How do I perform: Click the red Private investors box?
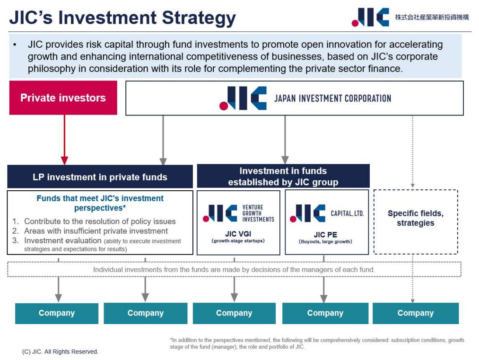[63, 98]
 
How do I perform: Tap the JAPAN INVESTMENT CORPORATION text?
[332, 98]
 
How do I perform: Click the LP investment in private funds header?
[100, 177]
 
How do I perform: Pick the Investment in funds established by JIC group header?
[283, 176]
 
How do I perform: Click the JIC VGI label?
[238, 234]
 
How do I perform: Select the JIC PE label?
[325, 235]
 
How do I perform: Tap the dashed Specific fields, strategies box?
[415, 221]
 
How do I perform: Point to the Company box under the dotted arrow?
[415, 313]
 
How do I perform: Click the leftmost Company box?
[57, 313]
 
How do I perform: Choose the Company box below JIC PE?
[325, 313]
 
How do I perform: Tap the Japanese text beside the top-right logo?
[432, 17]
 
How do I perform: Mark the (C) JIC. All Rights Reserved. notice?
[60, 352]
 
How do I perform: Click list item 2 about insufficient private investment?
[96, 231]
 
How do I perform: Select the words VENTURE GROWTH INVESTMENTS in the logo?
[258, 213]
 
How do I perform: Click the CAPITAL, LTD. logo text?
[347, 213]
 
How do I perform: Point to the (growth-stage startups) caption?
[238, 241]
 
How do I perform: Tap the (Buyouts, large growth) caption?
[325, 241]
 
